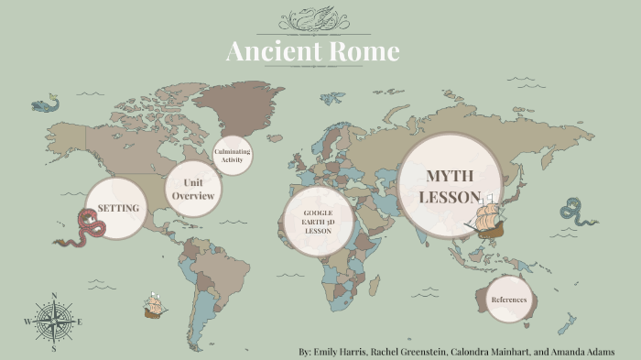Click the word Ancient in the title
point(270,51)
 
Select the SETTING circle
point(117,208)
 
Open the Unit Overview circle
point(193,190)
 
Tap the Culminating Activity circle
point(232,155)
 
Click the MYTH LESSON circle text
point(449,186)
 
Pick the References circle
point(508,300)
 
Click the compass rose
point(54,322)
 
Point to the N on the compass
point(54,296)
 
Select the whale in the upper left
point(43,104)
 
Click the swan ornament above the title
point(320,18)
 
